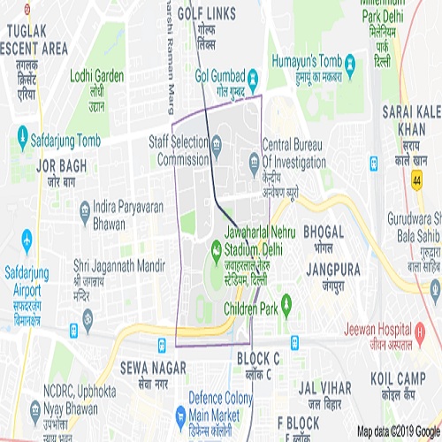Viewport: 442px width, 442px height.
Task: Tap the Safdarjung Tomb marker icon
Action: [22, 136]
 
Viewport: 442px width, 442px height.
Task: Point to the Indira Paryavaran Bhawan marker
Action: [84, 209]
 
